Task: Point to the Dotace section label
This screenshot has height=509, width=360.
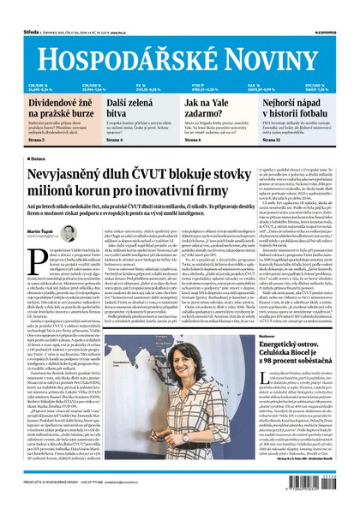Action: tap(39, 159)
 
